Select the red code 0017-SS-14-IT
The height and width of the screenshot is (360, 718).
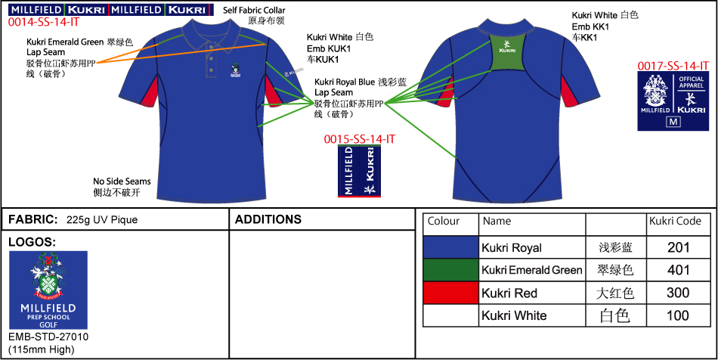(673, 67)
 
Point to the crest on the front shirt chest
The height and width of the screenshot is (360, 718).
(237, 70)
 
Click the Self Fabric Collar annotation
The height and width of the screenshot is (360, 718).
(255, 10)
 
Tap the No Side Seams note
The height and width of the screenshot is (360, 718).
(122, 182)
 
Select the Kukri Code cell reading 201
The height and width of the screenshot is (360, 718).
(678, 247)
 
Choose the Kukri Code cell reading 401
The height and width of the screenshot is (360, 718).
(678, 270)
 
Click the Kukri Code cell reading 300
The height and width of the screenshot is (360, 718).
(678, 293)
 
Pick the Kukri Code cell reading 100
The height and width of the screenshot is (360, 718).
(678, 315)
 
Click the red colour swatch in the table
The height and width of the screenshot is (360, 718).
(450, 293)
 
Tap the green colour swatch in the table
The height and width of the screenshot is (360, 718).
(450, 270)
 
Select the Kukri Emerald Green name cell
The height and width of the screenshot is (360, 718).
(531, 270)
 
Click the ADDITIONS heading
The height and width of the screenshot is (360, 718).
(268, 220)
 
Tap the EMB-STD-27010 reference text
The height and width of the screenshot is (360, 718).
(48, 337)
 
